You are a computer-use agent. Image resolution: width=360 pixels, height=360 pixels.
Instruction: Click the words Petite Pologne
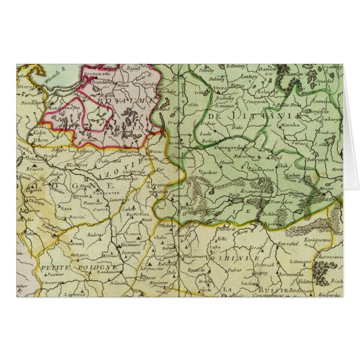78,268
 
